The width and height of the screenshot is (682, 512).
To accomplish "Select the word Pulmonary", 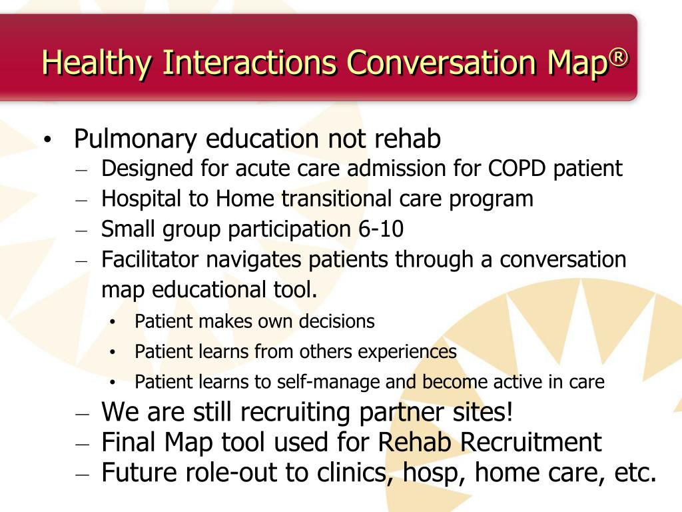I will pos(136,139).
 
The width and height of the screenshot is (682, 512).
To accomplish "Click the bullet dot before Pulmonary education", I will pos(47,141).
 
